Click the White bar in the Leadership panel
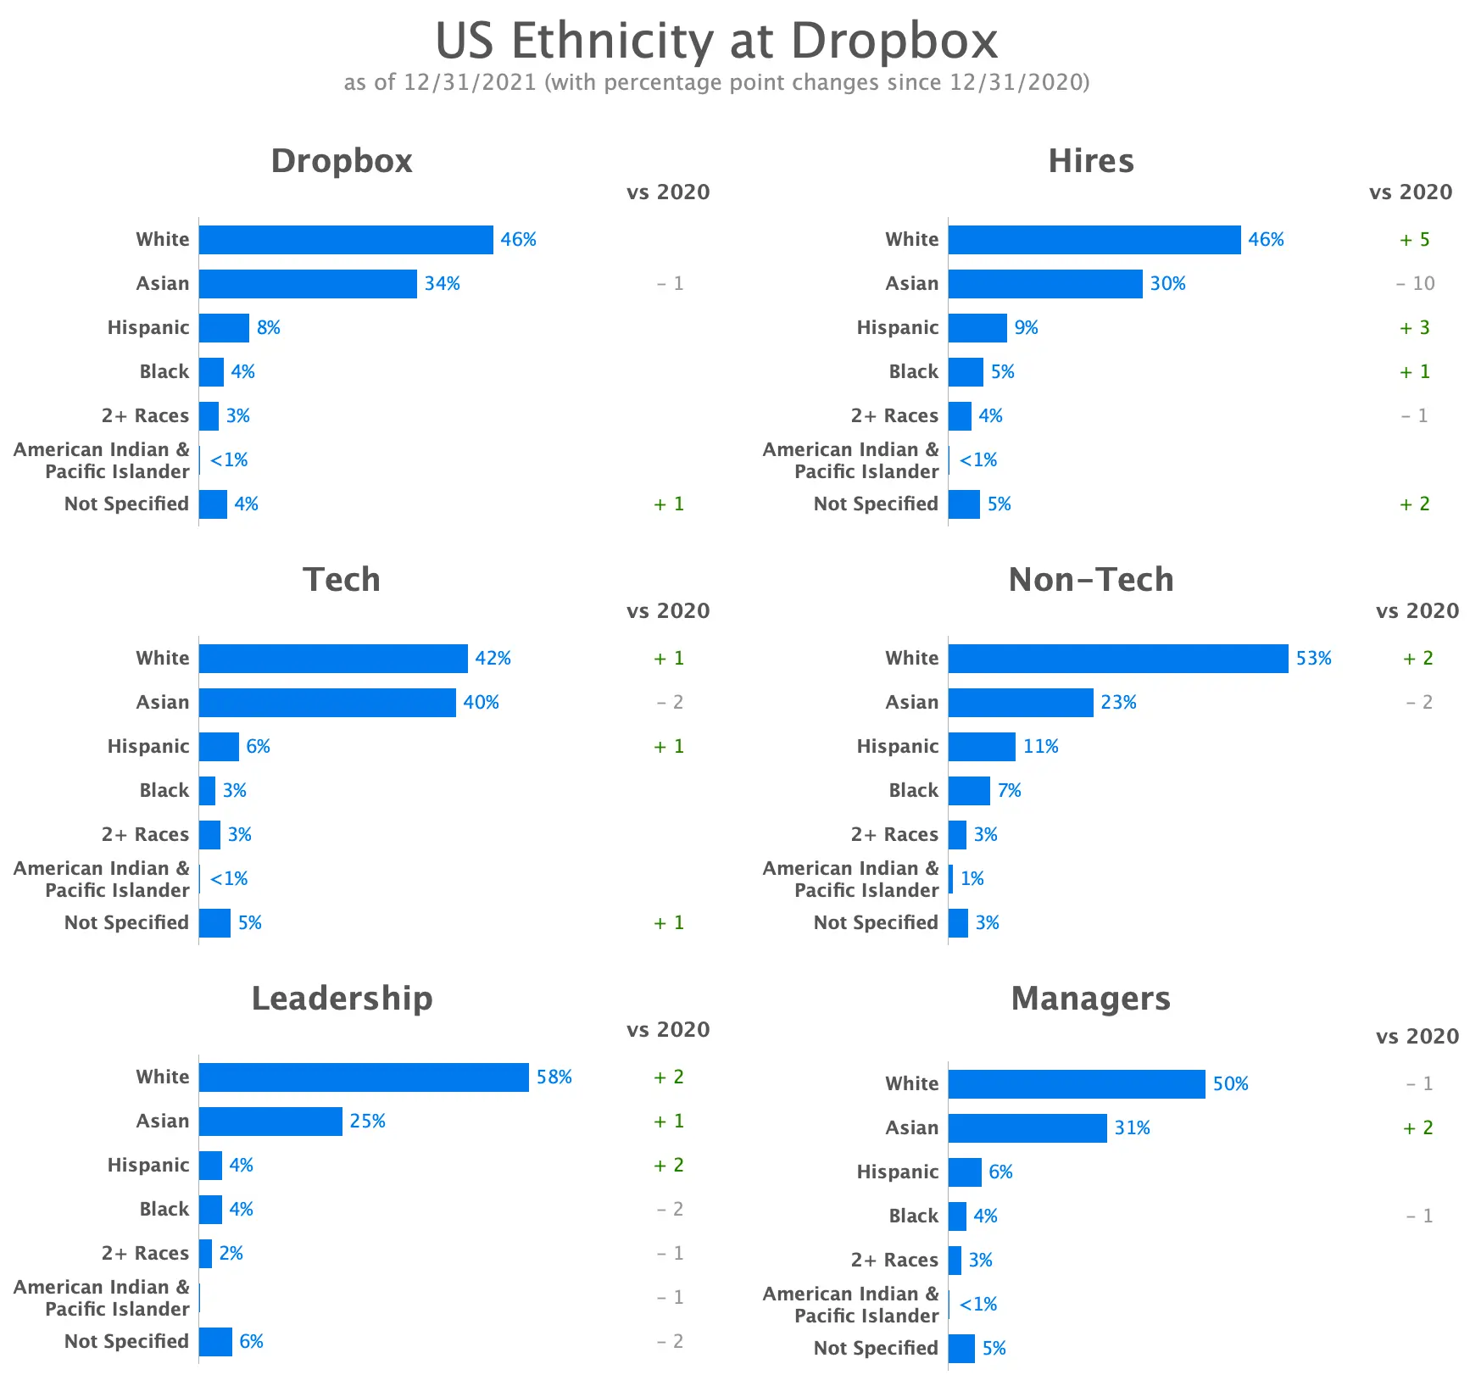(x=364, y=1077)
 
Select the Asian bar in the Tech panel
(x=327, y=703)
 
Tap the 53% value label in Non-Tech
(x=1313, y=659)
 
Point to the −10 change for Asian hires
(x=1415, y=284)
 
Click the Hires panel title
(x=1090, y=161)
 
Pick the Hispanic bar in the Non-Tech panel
(x=982, y=747)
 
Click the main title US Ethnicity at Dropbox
(x=716, y=41)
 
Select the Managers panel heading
(x=1090, y=999)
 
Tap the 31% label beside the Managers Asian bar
(x=1132, y=1128)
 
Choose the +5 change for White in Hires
(x=1414, y=240)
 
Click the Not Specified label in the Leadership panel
(x=126, y=1342)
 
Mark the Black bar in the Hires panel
(x=966, y=372)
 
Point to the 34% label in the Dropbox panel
(x=442, y=284)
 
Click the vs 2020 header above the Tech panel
(x=668, y=611)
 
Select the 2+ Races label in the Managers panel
(x=894, y=1261)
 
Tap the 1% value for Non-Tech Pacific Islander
(x=972, y=879)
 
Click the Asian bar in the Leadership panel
(x=270, y=1122)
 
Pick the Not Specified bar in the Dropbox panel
(x=213, y=504)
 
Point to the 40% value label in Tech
(x=481, y=703)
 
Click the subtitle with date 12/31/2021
(x=716, y=82)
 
